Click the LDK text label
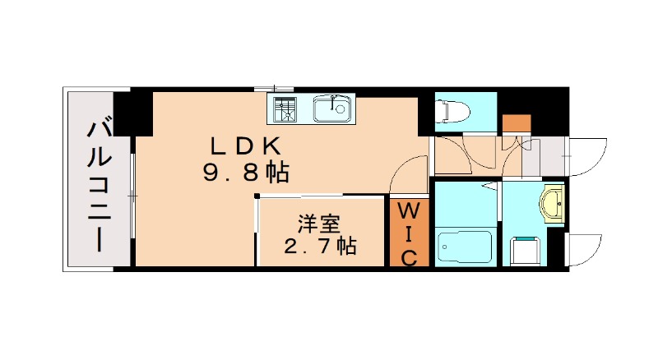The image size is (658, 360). tap(247, 147)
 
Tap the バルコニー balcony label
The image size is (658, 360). tap(99, 186)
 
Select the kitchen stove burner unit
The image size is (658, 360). tap(287, 108)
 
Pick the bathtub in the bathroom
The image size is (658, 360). tap(465, 244)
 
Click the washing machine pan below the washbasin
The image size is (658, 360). tap(526, 248)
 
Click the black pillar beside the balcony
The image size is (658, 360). tap(132, 113)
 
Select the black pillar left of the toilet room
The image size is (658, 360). tap(425, 112)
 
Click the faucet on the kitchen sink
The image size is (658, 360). tap(333, 102)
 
